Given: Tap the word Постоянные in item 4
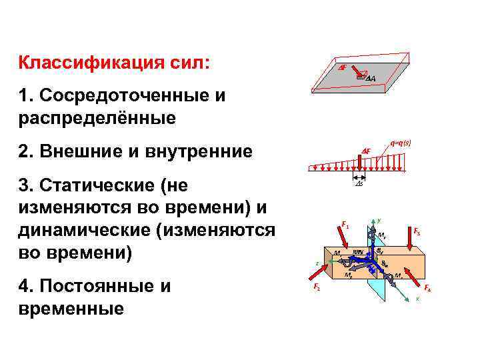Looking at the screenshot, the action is (x=94, y=287).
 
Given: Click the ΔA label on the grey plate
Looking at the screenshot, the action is (x=370, y=79).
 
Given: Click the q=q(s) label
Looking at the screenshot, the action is (x=400, y=142).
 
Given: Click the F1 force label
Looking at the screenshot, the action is (x=345, y=225).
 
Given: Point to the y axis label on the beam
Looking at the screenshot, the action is (x=379, y=220).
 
